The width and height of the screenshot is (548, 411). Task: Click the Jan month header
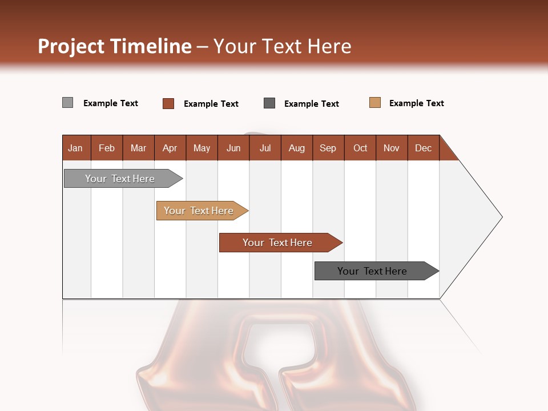[75, 148]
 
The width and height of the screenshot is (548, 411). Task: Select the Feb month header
[107, 148]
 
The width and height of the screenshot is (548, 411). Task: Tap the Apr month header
[170, 148]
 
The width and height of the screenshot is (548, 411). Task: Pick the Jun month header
[233, 148]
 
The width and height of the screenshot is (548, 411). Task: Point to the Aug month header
[297, 148]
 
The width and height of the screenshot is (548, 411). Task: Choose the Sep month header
[328, 148]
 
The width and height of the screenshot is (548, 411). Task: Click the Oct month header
[360, 148]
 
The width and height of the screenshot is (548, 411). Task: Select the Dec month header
[424, 148]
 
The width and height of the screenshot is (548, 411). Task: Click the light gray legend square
[68, 103]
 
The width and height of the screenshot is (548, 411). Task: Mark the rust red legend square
[168, 103]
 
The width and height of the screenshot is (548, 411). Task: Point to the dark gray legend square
[269, 103]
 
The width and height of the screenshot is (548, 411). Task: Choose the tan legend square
[375, 103]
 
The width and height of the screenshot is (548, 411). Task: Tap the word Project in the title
[71, 46]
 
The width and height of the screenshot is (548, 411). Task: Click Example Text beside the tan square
[416, 103]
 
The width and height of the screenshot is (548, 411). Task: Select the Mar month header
[139, 148]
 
